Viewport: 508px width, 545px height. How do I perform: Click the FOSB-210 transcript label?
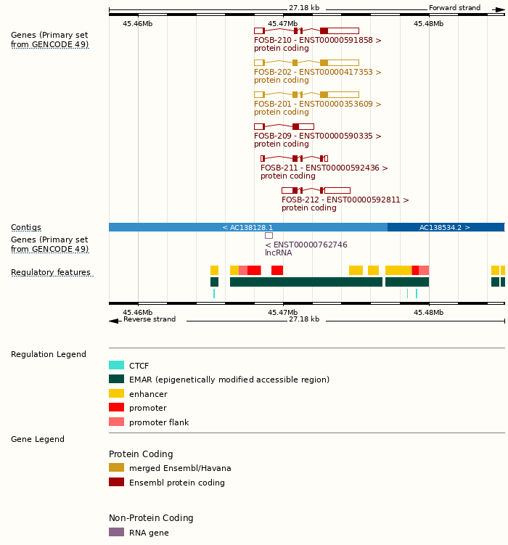click(x=317, y=41)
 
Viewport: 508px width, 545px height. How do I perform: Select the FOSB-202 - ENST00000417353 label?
click(x=317, y=73)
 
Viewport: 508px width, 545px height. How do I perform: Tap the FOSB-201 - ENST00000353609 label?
click(x=317, y=105)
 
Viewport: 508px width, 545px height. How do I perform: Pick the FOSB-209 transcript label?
click(x=317, y=136)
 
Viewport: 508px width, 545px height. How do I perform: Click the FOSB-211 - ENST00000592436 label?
click(x=324, y=168)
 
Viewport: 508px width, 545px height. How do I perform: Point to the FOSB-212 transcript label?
click(x=345, y=200)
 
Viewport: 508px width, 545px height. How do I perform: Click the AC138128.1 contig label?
click(x=247, y=228)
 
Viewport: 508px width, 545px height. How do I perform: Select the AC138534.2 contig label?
click(x=445, y=228)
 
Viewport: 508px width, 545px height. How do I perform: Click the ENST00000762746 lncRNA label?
click(x=306, y=245)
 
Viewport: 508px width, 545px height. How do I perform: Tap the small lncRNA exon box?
click(x=269, y=235)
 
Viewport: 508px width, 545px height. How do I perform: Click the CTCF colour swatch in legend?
click(x=116, y=366)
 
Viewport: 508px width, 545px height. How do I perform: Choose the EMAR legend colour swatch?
click(x=116, y=380)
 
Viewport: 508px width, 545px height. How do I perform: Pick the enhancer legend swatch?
click(x=116, y=394)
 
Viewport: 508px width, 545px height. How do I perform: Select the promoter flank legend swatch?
click(x=116, y=422)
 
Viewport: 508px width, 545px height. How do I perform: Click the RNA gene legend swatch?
click(x=116, y=533)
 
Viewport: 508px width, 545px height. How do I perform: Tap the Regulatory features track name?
click(x=51, y=273)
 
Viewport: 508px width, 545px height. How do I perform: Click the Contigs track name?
click(x=26, y=228)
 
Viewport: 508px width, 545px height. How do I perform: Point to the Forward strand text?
click(x=454, y=8)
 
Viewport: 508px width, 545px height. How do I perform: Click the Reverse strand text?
click(x=149, y=319)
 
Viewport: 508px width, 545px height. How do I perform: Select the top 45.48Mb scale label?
click(x=428, y=24)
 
